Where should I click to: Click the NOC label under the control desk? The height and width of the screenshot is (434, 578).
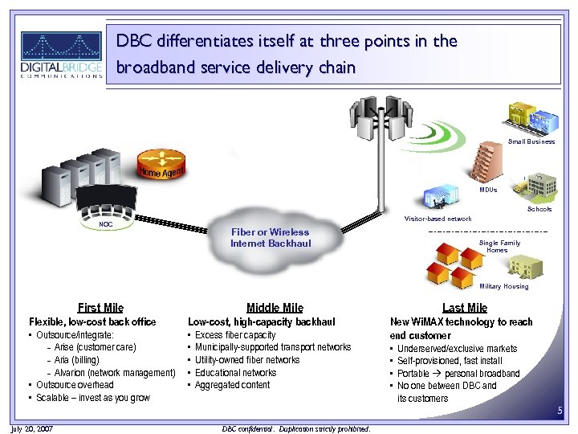pos(105,225)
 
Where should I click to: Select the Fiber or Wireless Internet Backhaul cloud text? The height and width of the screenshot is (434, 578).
pos(270,238)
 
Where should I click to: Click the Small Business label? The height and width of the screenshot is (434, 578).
pos(531,141)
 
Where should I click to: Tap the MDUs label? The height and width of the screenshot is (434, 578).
pos(488,190)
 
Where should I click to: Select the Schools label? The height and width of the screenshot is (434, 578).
pos(539,209)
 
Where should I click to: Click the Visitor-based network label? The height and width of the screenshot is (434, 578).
pos(438,219)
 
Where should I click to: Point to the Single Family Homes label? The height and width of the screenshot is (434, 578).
pos(499,246)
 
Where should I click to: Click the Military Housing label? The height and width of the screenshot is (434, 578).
pos(503,286)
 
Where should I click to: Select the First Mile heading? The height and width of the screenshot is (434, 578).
pos(100,307)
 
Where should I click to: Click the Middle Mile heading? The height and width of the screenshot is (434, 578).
pos(275,307)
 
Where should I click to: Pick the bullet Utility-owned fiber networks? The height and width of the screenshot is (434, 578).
pos(247,360)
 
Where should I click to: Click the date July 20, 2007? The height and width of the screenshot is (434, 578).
pos(33,428)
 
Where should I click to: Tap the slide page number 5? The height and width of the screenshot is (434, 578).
pos(560,411)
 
